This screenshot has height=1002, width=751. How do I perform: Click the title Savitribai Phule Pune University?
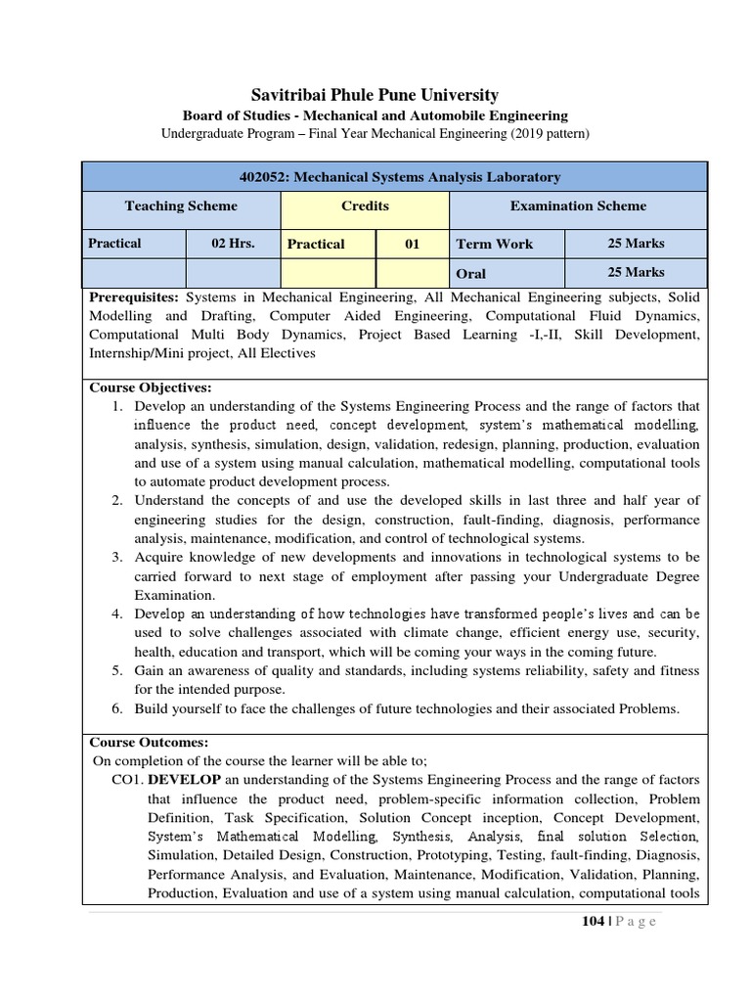(x=375, y=95)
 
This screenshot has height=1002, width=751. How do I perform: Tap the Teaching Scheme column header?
(x=181, y=206)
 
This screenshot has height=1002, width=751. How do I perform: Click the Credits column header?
(x=365, y=206)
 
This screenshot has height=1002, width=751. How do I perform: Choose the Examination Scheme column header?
(x=578, y=206)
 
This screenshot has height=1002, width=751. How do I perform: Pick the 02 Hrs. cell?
(x=233, y=244)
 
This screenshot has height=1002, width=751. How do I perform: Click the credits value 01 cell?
(x=412, y=244)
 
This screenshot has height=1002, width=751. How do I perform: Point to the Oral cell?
(x=470, y=274)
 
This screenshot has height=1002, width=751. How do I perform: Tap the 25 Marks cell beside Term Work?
(x=636, y=243)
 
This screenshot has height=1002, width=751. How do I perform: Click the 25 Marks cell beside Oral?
(x=636, y=273)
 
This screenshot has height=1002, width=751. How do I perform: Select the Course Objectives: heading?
(x=150, y=388)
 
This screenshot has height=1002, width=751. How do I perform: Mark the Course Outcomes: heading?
(x=149, y=743)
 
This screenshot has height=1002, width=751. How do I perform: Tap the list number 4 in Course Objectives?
(x=115, y=615)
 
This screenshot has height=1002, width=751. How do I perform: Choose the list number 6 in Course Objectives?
(x=115, y=708)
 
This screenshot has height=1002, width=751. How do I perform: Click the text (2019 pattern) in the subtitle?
(x=546, y=133)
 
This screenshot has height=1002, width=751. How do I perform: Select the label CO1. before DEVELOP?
(x=128, y=780)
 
